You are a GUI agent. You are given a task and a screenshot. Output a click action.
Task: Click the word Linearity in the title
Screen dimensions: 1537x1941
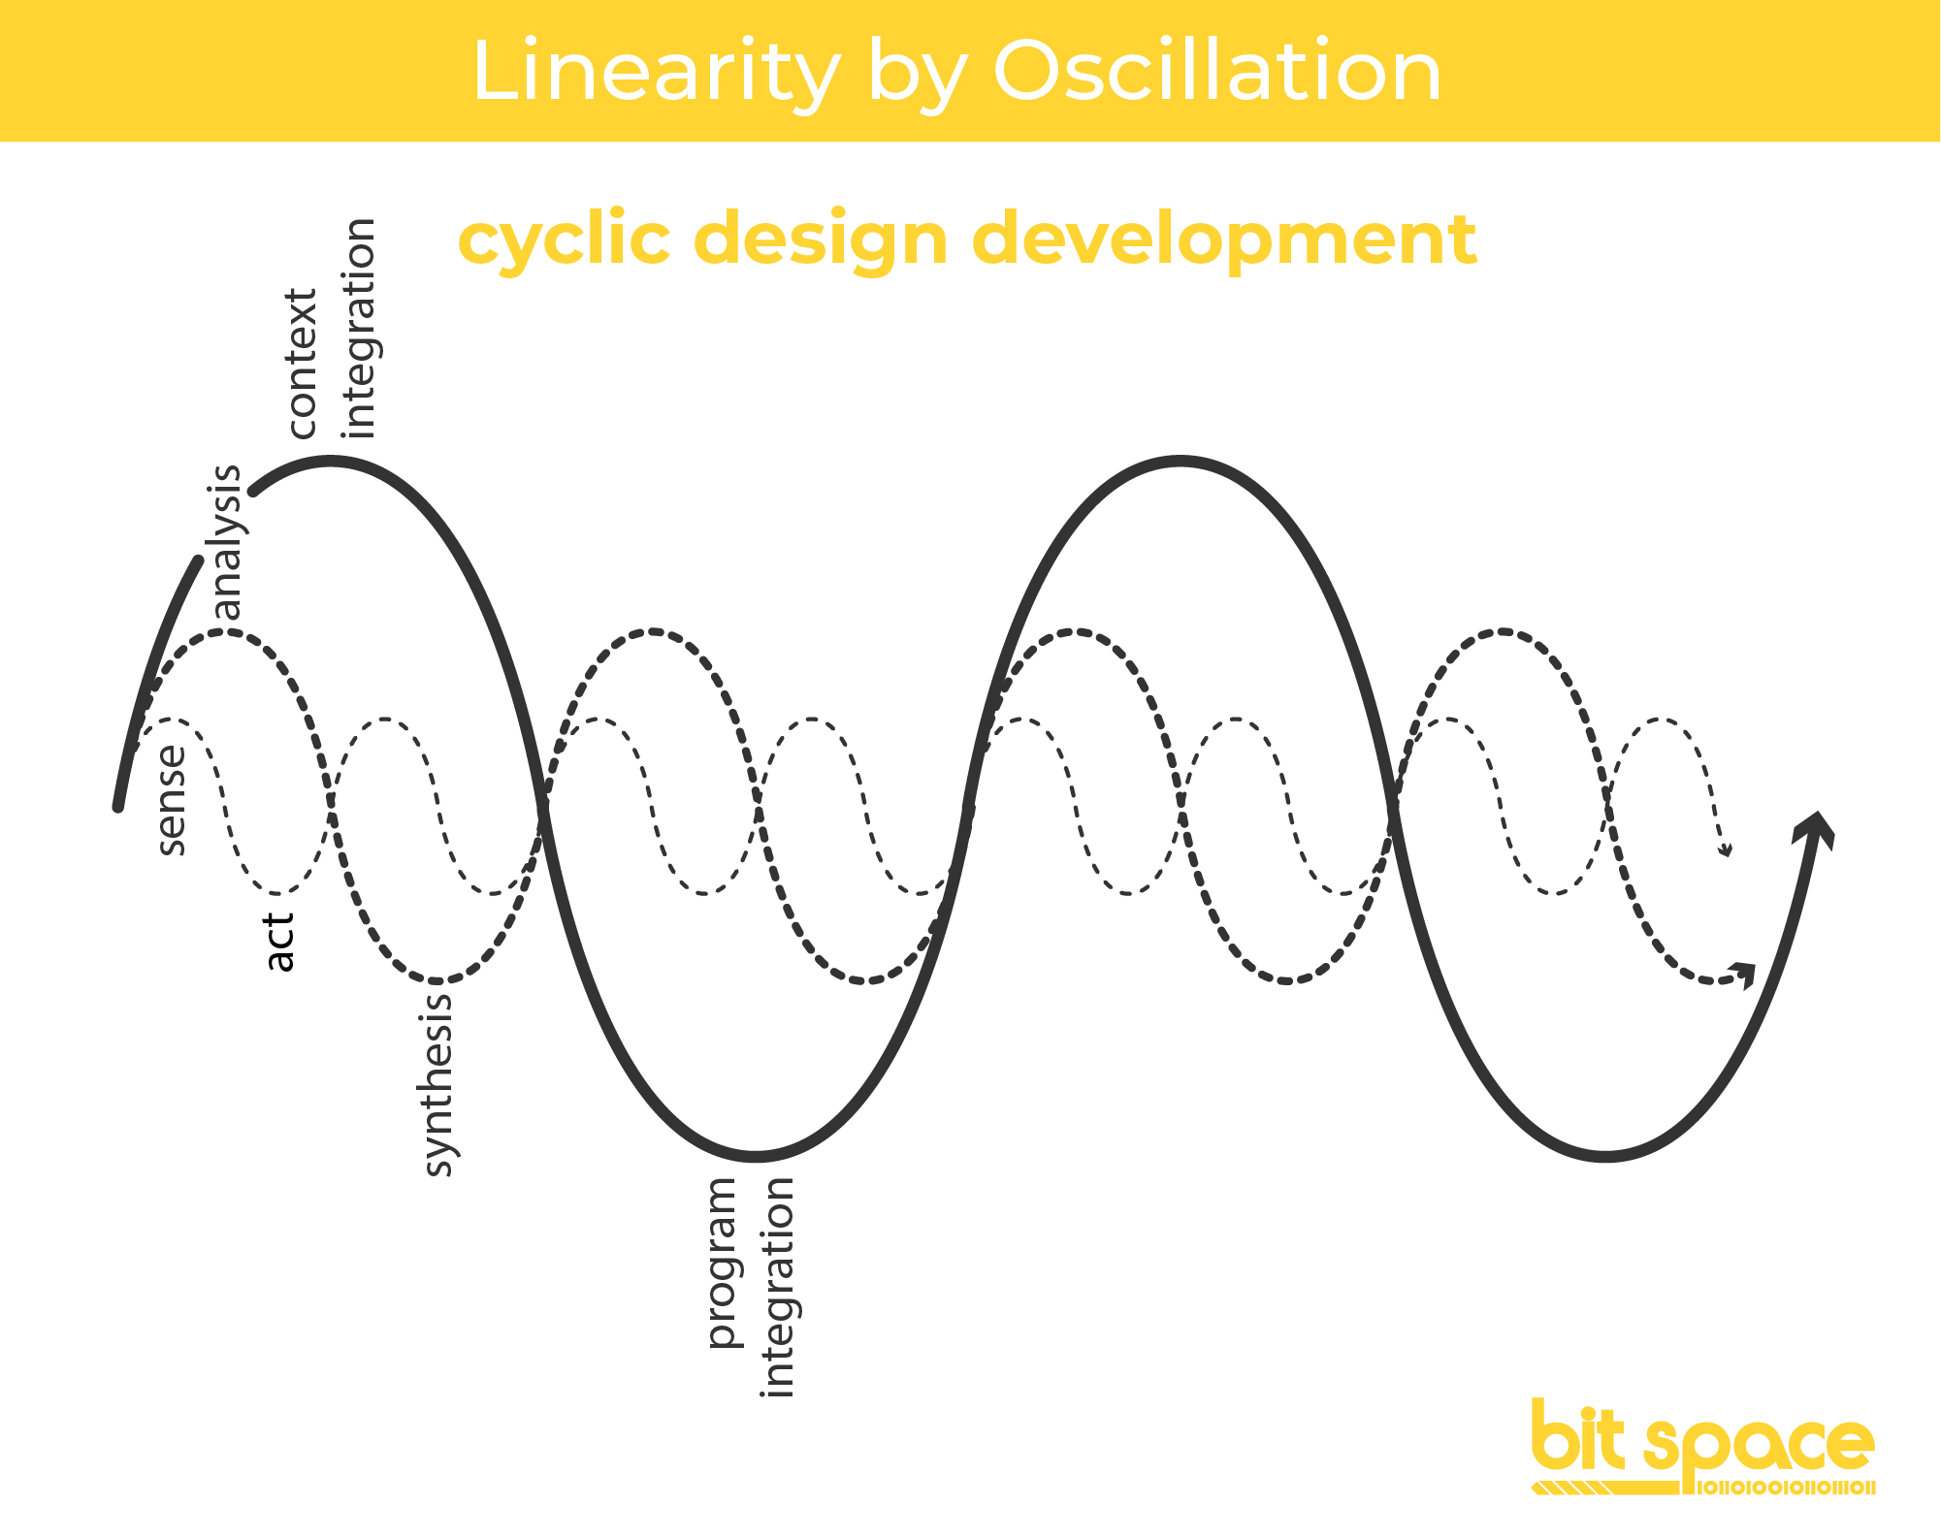coord(656,72)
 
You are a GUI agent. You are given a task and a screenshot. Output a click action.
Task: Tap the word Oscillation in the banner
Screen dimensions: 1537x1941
coord(1217,72)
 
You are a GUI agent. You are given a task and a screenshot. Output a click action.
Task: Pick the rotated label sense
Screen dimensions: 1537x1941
coord(172,800)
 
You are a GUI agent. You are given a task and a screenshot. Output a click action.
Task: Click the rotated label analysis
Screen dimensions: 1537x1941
coord(226,542)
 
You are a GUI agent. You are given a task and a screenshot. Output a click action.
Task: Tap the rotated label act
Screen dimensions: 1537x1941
coord(279,942)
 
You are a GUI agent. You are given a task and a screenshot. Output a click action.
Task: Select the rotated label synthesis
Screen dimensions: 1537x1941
coord(438,1083)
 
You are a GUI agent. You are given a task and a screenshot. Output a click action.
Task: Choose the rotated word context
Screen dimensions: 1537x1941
coord(303,364)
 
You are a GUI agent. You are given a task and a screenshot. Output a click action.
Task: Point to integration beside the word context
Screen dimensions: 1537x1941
coord(360,328)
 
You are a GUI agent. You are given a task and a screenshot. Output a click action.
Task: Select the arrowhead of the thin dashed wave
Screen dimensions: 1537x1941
coord(1726,851)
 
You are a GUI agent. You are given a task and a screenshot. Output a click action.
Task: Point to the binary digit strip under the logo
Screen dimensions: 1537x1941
coord(1787,1488)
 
